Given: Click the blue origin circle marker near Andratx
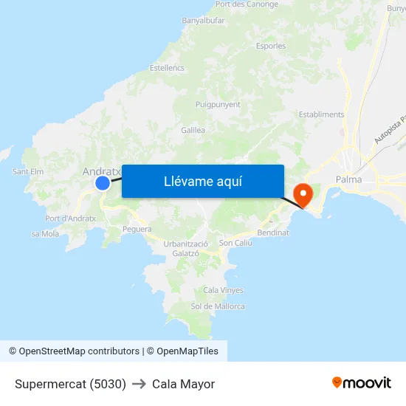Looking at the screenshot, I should point(103,182).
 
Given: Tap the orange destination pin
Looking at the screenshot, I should point(303,194).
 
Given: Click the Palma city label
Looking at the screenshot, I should point(348,179).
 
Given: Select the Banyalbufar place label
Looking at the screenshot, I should point(203,21).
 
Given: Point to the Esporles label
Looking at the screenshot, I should point(271,46).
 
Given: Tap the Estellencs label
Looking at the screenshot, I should point(167,68).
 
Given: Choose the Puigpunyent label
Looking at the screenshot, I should point(218,105).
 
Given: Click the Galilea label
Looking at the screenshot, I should point(193,130).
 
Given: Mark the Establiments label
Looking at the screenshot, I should point(321,114).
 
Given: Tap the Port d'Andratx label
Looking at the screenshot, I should point(70,219).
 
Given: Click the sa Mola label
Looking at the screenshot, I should point(45,234).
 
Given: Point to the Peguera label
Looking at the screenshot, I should point(137,229).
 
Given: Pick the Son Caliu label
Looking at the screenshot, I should point(235,242).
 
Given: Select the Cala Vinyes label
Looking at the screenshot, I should point(223,290).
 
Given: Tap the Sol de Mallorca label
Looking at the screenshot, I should point(218,306).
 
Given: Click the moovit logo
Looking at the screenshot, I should point(361,383).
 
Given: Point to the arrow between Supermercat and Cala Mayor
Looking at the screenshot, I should point(139,384).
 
